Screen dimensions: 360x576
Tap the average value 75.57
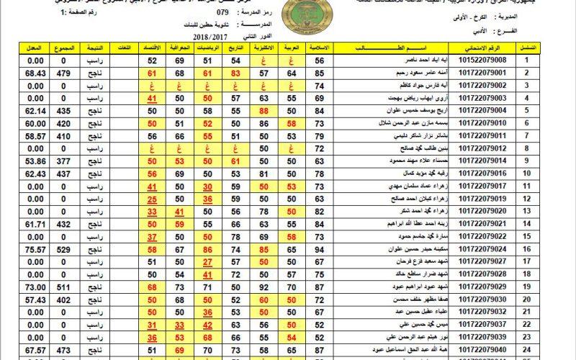click(x=35, y=248)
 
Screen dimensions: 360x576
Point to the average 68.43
click(x=35, y=73)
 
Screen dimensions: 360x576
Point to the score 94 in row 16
click(x=319, y=248)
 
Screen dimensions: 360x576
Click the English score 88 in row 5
click(x=264, y=110)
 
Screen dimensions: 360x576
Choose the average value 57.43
click(x=35, y=299)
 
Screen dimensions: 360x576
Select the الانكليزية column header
click(x=264, y=48)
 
